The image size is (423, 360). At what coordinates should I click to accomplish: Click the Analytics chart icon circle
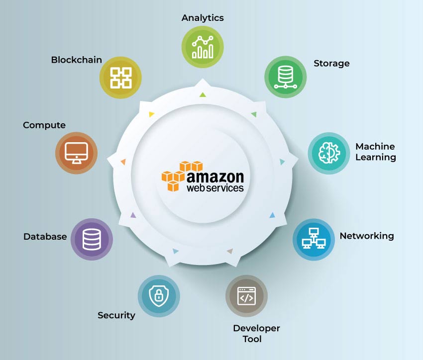tap(203, 47)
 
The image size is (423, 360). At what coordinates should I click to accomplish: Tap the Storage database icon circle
tap(286, 77)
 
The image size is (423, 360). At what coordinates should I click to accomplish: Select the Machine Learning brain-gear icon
tap(329, 153)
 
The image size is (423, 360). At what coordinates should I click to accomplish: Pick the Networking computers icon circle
tap(314, 239)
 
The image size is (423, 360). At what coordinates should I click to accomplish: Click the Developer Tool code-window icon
tap(246, 296)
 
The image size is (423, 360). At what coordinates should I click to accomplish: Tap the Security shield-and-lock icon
tap(159, 296)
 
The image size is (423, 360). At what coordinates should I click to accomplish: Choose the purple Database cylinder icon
tap(92, 239)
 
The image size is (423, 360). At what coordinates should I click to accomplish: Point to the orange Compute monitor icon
tap(76, 153)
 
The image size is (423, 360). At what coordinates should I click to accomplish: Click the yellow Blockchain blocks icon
tap(120, 78)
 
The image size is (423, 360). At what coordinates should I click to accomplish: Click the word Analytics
tap(203, 18)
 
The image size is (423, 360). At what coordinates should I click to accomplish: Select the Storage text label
tap(331, 64)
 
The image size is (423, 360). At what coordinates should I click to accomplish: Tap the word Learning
tap(376, 157)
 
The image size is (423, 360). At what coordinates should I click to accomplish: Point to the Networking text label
tap(367, 236)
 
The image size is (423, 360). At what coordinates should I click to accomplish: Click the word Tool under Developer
tap(252, 339)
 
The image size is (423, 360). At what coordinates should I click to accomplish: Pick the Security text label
tap(116, 315)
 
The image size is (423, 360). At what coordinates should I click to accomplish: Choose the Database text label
tap(45, 237)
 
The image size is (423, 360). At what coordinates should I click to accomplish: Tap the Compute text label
tap(44, 125)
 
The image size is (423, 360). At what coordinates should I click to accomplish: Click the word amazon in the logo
tap(215, 177)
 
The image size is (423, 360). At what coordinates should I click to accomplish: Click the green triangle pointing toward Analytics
tap(203, 94)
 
